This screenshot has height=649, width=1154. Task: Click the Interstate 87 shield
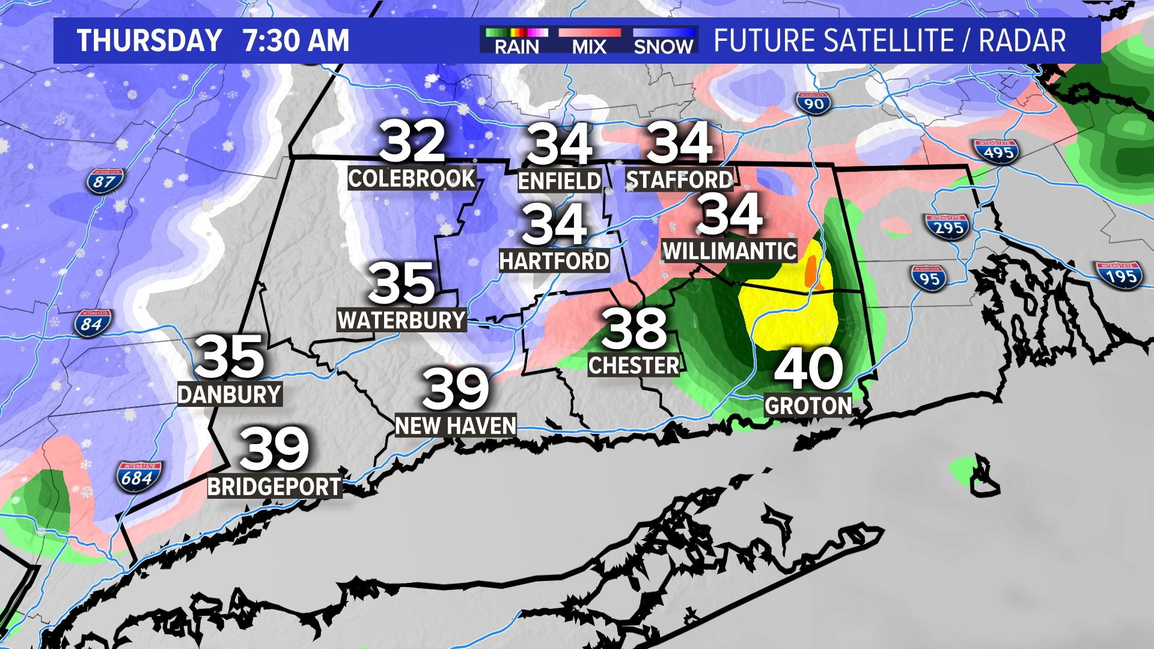(105, 180)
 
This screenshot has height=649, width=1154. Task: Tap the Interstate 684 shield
(139, 477)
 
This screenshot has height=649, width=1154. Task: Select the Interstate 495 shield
(998, 151)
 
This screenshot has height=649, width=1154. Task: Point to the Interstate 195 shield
(1119, 275)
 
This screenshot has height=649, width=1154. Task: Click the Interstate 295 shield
(948, 227)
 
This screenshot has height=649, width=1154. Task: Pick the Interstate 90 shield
(813, 103)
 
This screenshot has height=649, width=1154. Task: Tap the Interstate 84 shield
(93, 323)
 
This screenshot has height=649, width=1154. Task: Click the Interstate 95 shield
(929, 278)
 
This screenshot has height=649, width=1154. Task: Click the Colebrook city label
(412, 178)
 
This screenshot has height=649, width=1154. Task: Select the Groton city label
(808, 406)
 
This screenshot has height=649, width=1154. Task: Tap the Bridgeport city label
(274, 486)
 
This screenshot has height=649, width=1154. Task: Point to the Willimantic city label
(730, 251)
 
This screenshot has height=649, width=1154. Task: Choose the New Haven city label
(456, 425)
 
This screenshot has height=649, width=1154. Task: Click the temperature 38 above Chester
(634, 328)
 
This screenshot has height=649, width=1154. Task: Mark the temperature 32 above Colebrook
(412, 142)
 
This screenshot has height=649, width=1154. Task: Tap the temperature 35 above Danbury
(230, 356)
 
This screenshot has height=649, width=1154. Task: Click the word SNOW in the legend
(664, 47)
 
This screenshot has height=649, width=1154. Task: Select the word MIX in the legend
(589, 47)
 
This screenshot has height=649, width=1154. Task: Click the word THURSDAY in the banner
(150, 41)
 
